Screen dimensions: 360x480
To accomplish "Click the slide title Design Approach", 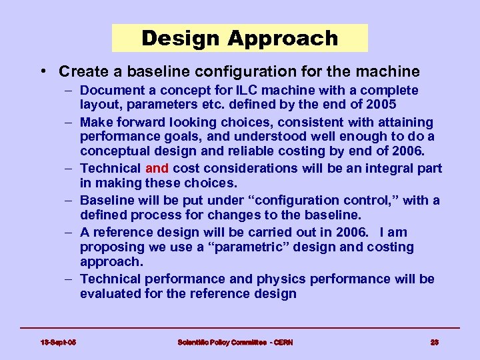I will pos(239,38).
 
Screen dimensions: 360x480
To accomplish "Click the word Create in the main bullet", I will pos(81,71).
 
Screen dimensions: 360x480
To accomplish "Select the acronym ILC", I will pos(254,90).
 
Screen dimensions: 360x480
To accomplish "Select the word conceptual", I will pos(113,151).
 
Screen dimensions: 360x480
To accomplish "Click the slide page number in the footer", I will pos(434,343).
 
